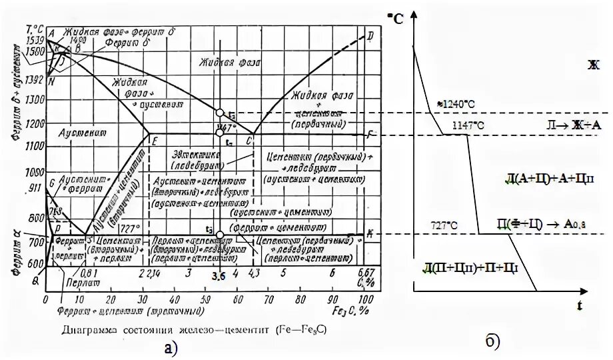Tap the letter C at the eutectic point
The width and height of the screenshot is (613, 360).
coord(249,141)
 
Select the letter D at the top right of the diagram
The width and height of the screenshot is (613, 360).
coord(370,35)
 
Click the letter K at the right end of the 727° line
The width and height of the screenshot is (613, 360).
coord(370,233)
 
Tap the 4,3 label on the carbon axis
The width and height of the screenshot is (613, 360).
coord(253,273)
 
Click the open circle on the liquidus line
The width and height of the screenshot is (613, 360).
coord(220,112)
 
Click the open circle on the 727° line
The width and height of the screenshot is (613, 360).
coord(220,234)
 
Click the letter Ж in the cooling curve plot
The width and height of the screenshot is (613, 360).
coord(593,65)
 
